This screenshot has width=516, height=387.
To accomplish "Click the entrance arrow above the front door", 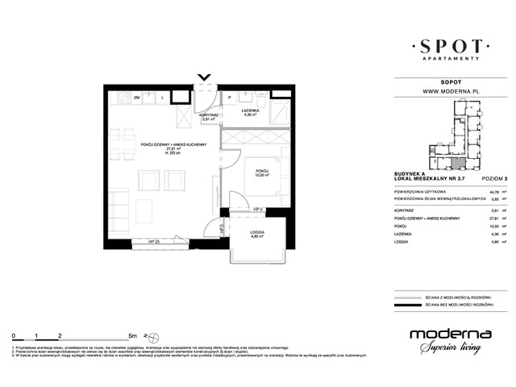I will click(x=204, y=77).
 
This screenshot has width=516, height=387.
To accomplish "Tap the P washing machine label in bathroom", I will click(x=229, y=98).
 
